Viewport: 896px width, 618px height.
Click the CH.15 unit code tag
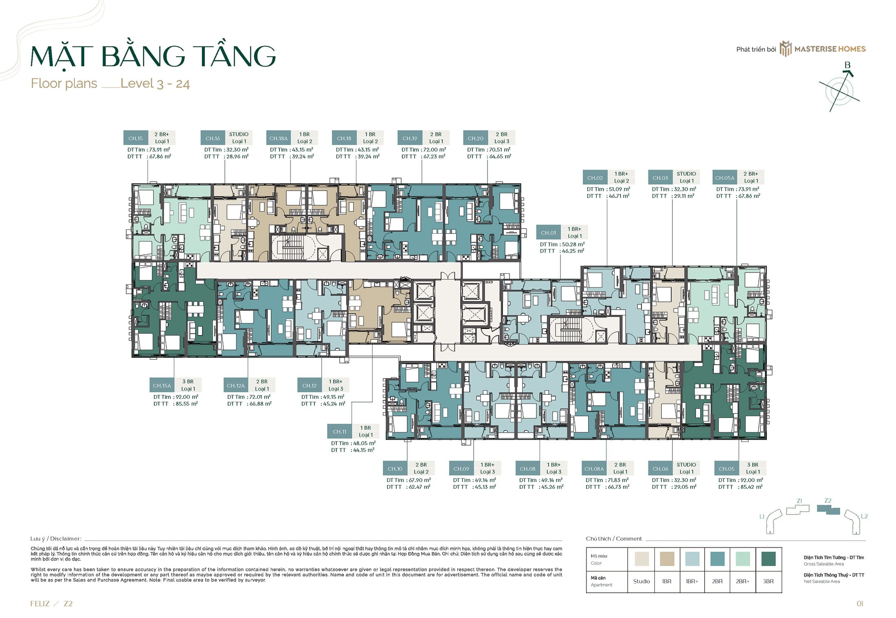pyautogui.click(x=136, y=138)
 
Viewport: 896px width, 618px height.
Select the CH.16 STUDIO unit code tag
pyautogui.click(x=213, y=138)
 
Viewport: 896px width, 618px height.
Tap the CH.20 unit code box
pyautogui.click(x=475, y=138)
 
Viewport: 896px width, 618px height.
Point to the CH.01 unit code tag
pyautogui.click(x=548, y=233)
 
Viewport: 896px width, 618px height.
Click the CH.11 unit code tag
pyautogui.click(x=340, y=431)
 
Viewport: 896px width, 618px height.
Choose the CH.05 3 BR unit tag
pyautogui.click(x=727, y=468)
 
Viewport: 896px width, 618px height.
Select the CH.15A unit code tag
pyautogui.click(x=162, y=385)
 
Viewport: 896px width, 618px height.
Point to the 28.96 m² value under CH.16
pyautogui.click(x=237, y=156)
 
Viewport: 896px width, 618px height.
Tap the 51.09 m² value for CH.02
pyautogui.click(x=619, y=189)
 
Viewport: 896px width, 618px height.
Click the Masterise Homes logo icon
pyautogui.click(x=785, y=49)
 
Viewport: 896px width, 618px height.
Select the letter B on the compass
pyautogui.click(x=848, y=65)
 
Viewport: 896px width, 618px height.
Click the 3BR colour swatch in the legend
pyautogui.click(x=768, y=559)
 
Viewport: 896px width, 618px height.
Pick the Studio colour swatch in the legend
pyautogui.click(x=642, y=559)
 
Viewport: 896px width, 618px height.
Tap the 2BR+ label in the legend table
pyautogui.click(x=742, y=581)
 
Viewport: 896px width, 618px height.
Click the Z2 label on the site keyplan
pyautogui.click(x=828, y=501)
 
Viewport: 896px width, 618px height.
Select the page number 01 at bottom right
pyautogui.click(x=860, y=604)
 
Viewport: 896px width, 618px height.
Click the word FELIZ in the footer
pyautogui.click(x=40, y=604)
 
